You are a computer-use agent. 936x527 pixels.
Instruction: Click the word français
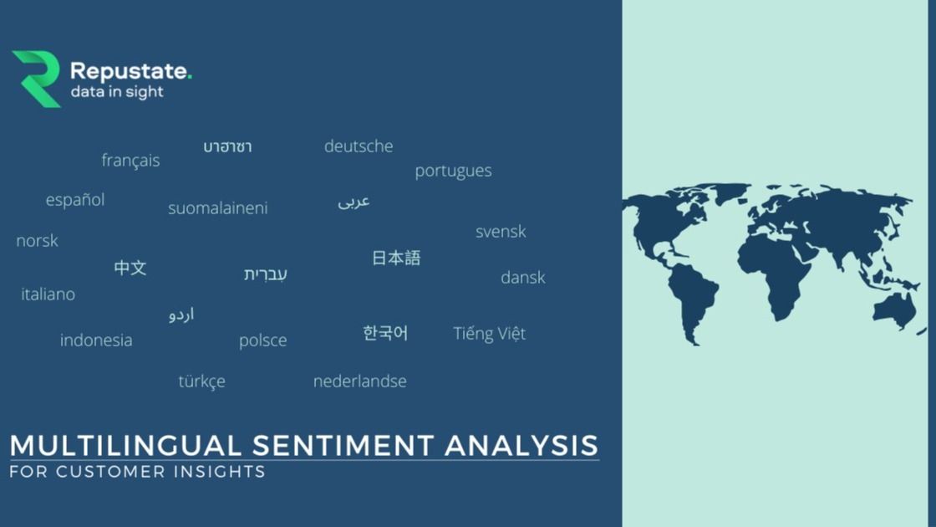point(130,160)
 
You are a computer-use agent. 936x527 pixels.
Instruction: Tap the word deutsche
point(359,146)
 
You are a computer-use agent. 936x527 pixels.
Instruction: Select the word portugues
point(453,171)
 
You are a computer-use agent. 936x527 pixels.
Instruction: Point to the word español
point(75,200)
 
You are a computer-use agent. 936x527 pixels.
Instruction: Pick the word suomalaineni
point(218,208)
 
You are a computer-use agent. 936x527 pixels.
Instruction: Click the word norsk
point(38,241)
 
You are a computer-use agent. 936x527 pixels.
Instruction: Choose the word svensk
point(501,232)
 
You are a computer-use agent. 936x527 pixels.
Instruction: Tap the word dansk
point(522,278)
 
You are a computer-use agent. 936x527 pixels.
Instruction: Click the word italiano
point(48,294)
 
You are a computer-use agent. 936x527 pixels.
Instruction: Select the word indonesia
point(96,340)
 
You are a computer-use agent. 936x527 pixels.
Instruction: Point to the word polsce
point(262,340)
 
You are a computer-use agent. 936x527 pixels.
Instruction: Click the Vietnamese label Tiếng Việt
point(489,334)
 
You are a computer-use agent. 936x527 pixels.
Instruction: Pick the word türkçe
point(201,381)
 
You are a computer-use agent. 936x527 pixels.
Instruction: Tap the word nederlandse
point(359,381)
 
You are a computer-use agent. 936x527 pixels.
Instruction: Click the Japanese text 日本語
point(396,258)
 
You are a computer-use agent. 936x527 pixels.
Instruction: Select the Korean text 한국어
point(385,333)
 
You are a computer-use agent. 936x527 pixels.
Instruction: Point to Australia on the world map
point(894,309)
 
